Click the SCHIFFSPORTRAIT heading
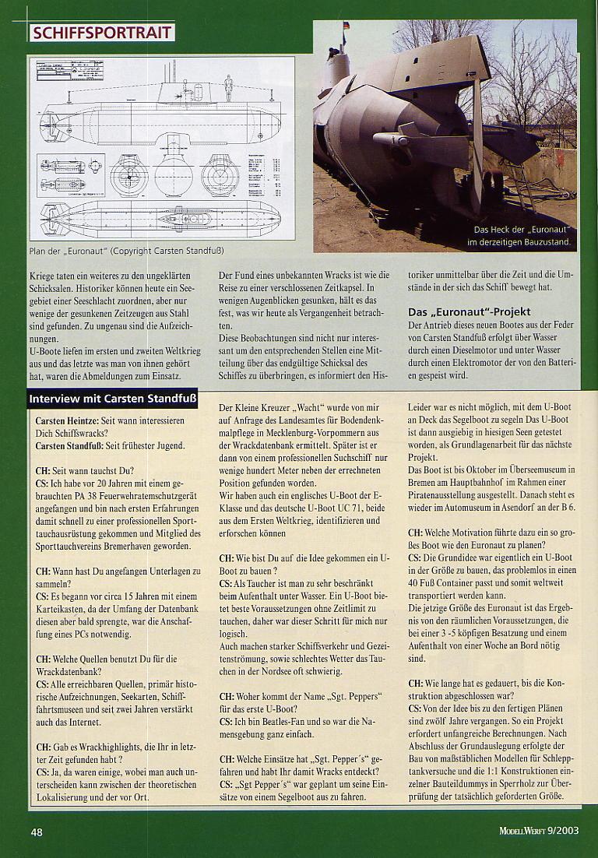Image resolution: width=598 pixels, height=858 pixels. click(x=101, y=33)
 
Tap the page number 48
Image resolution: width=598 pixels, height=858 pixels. click(x=37, y=832)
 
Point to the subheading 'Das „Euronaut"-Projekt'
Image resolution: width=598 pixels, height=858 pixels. click(x=470, y=312)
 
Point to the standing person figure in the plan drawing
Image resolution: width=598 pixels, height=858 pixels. click(x=228, y=88)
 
